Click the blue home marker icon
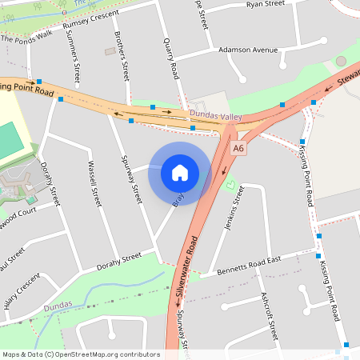coord(180,173)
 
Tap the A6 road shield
coord(239,149)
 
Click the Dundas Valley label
coord(215,117)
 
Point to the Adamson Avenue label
coord(248,50)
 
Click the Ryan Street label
coord(266,4)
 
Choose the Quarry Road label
coord(170,57)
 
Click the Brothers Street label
coord(121,56)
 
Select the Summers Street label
coord(76,63)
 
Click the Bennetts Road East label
coord(250,266)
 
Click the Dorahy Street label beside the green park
coord(118,262)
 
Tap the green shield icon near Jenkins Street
coord(231,186)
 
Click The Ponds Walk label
coord(26,38)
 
